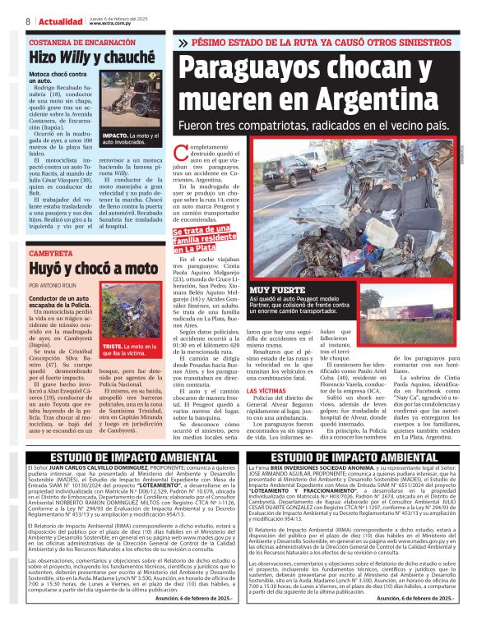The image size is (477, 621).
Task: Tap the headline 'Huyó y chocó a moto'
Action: point(92,269)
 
